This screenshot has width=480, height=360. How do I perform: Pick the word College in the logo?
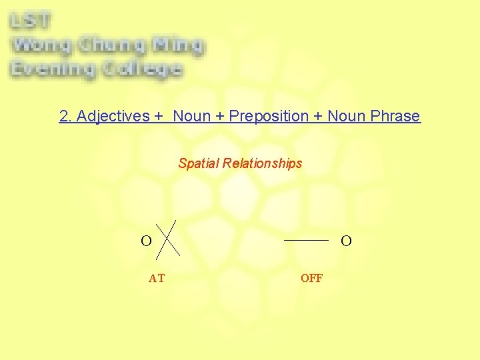tap(141, 69)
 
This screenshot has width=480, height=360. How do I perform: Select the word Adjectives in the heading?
tap(113, 116)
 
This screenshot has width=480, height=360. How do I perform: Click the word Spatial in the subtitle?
tap(199, 163)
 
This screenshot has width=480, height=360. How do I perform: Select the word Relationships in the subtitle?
tap(263, 163)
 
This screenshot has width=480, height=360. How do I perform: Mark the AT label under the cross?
tap(157, 279)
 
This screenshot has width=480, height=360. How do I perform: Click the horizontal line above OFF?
tap(307, 239)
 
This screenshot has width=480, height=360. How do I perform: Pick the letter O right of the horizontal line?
tap(346, 241)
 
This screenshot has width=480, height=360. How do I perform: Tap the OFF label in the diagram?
tap(311, 279)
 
